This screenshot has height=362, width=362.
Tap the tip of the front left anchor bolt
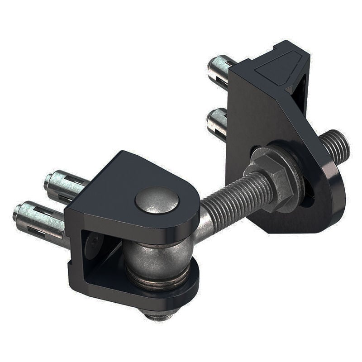(17, 210)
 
